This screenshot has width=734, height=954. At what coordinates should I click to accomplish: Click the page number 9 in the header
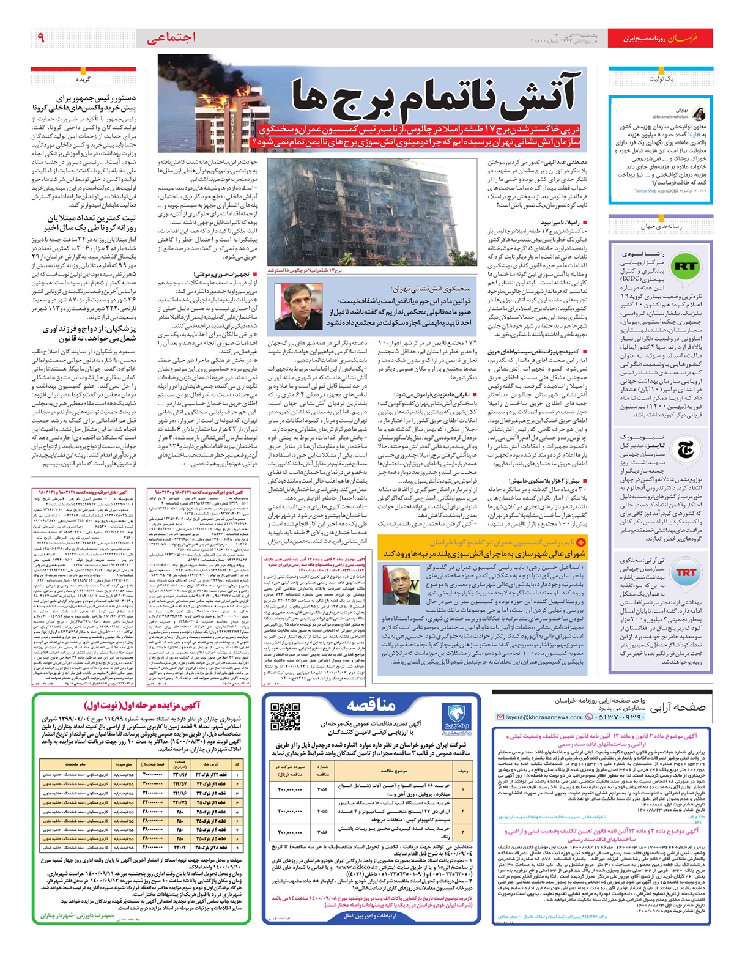click(x=40, y=38)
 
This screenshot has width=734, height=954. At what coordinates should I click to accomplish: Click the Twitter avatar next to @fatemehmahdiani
click(x=699, y=114)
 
